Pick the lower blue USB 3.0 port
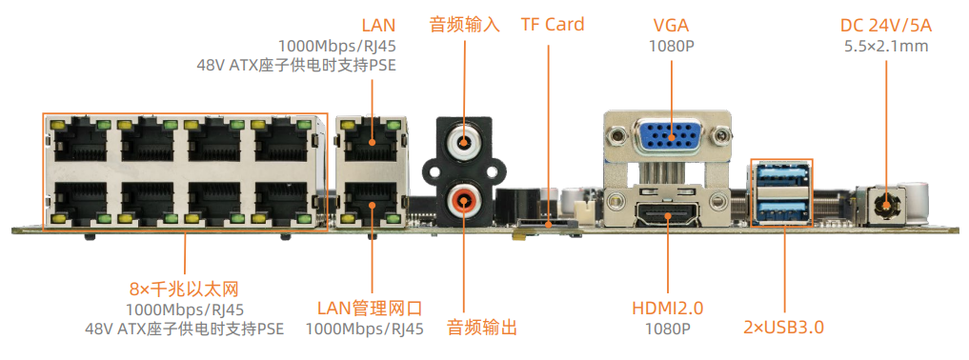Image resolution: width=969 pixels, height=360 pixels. [x=781, y=208]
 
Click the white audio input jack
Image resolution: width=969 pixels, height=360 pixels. [x=464, y=145]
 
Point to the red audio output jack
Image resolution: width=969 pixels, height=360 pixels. [x=464, y=200]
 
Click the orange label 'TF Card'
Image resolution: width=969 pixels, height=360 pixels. [x=552, y=24]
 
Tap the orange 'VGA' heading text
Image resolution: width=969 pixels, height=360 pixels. [x=671, y=25]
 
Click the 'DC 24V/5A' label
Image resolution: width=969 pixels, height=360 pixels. [x=886, y=25]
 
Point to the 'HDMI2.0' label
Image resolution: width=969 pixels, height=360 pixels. [x=667, y=308]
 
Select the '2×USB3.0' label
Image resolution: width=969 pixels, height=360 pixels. [x=783, y=328]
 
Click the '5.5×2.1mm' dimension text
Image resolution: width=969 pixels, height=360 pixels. [x=886, y=45]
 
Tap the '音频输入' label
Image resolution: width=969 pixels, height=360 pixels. [x=465, y=25]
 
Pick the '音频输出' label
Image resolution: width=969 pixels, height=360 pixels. [x=483, y=328]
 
